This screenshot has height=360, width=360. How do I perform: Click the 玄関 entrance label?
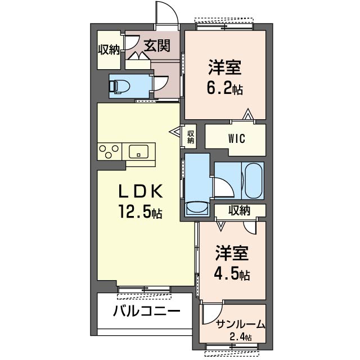pyautogui.click(x=156, y=46)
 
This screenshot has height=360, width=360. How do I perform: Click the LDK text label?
pyautogui.click(x=141, y=192)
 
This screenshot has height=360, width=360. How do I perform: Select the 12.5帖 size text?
pyautogui.click(x=141, y=212)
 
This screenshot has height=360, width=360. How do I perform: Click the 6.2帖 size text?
pyautogui.click(x=227, y=88)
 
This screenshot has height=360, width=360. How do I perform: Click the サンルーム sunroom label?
pyautogui.click(x=240, y=325)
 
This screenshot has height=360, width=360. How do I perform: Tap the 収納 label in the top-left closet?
pyautogui.click(x=109, y=49)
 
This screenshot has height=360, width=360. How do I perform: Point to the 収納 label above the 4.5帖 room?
pyautogui.click(x=239, y=211)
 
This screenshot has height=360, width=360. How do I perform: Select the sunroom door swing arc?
pyautogui.click(x=212, y=313)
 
